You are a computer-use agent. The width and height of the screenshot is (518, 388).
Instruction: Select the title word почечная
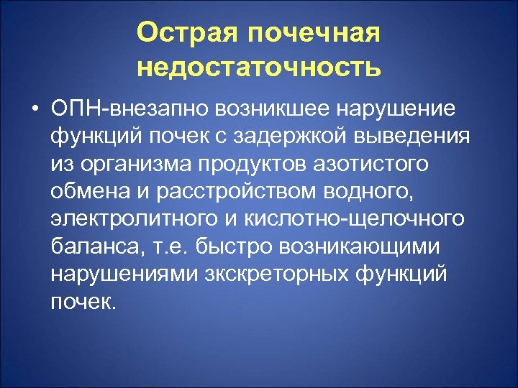(x=310, y=32)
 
